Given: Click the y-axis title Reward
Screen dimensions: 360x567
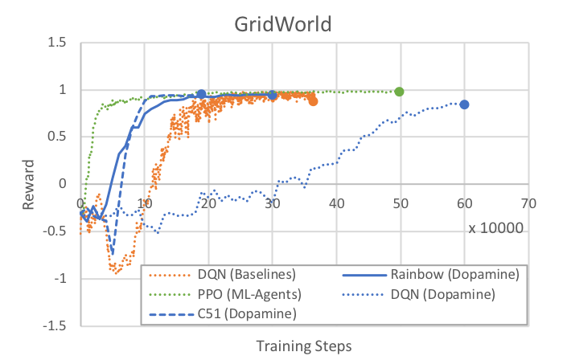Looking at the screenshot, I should point(30,184).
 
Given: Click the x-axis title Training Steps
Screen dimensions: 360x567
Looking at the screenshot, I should point(303,346).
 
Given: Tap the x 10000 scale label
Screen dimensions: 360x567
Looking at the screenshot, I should point(497,228).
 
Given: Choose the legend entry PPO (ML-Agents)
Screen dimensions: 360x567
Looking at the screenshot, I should point(241,294).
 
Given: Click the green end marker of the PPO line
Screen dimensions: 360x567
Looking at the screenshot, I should point(400,92).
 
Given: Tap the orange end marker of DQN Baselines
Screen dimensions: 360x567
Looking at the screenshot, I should point(313,101).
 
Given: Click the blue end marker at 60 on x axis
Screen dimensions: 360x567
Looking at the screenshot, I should point(464,104).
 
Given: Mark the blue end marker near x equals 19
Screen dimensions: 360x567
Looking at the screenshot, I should point(201,94).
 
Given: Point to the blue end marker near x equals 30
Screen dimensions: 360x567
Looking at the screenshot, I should point(272,95).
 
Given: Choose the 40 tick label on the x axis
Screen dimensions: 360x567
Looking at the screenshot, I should point(336,204).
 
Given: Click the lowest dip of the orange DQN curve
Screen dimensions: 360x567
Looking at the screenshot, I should point(117,272).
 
